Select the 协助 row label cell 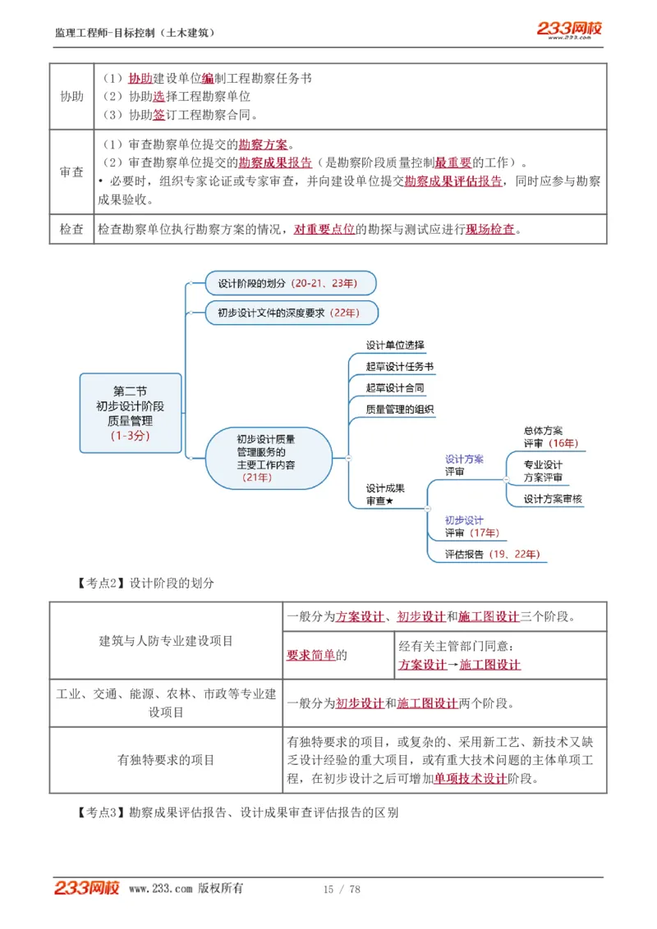(71, 96)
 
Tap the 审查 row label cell (71, 172)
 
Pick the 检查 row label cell (71, 229)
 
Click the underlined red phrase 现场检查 (490, 230)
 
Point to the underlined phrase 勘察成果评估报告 (453, 181)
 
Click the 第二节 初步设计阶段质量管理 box (130, 413)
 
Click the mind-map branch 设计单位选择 (395, 345)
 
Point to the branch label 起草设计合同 (395, 387)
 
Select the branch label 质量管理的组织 (400, 409)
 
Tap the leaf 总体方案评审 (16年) (550, 437)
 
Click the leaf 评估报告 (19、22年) (492, 554)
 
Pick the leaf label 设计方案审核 (553, 498)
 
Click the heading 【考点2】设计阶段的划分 (145, 583)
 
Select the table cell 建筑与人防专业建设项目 (166, 640)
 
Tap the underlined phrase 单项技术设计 (471, 779)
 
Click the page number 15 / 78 (342, 889)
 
